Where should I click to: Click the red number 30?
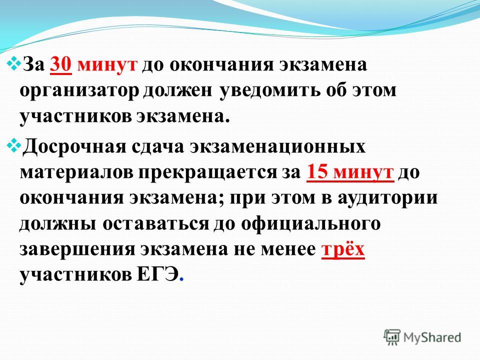61,64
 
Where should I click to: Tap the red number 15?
316,171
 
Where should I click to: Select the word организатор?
79,91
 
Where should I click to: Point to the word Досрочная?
74,146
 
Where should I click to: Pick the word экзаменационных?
277,147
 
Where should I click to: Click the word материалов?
76,172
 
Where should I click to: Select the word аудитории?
387,198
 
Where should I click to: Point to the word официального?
311,224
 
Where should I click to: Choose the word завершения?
77,249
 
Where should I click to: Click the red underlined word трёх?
343,250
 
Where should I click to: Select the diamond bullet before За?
14,63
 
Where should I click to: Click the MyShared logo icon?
392,338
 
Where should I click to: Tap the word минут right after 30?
107,65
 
